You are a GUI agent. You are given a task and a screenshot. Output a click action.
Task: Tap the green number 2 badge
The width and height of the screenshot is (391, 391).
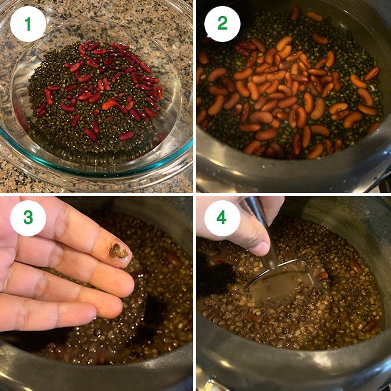(222, 24)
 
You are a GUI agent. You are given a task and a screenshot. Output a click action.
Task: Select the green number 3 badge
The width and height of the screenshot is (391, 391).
(28, 217)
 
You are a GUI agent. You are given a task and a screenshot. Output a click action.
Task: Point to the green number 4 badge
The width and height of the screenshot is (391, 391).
(222, 217)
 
